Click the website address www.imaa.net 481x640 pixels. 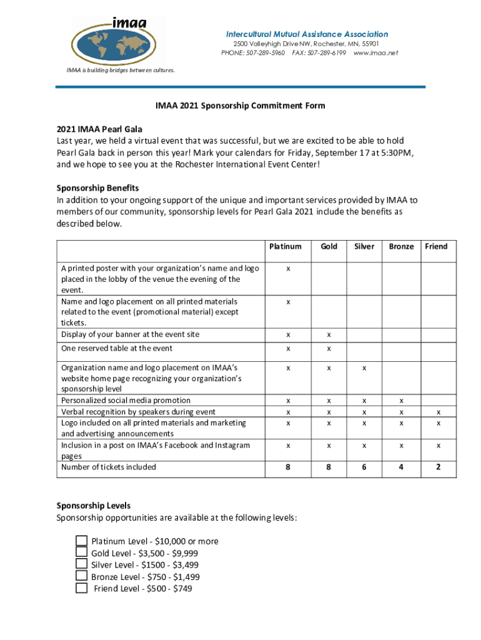(x=375, y=53)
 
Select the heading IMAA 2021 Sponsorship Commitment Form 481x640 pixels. (x=241, y=106)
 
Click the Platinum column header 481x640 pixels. (x=285, y=246)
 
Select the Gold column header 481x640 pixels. (x=329, y=246)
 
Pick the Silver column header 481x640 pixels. (x=364, y=246)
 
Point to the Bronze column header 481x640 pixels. (x=401, y=246)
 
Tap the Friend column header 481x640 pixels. (x=436, y=246)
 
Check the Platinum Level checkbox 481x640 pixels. (x=81, y=541)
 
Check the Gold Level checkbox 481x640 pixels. (x=81, y=552)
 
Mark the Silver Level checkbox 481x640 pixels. (x=81, y=564)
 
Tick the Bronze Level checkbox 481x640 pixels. (x=81, y=576)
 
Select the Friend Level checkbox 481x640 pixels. (x=81, y=588)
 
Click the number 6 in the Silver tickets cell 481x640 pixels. (x=365, y=467)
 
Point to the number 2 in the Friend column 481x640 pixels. (x=439, y=467)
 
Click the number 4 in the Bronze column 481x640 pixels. (x=402, y=467)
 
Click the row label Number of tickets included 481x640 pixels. (x=109, y=467)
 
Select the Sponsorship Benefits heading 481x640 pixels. (x=97, y=188)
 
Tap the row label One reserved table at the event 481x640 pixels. (x=117, y=348)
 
